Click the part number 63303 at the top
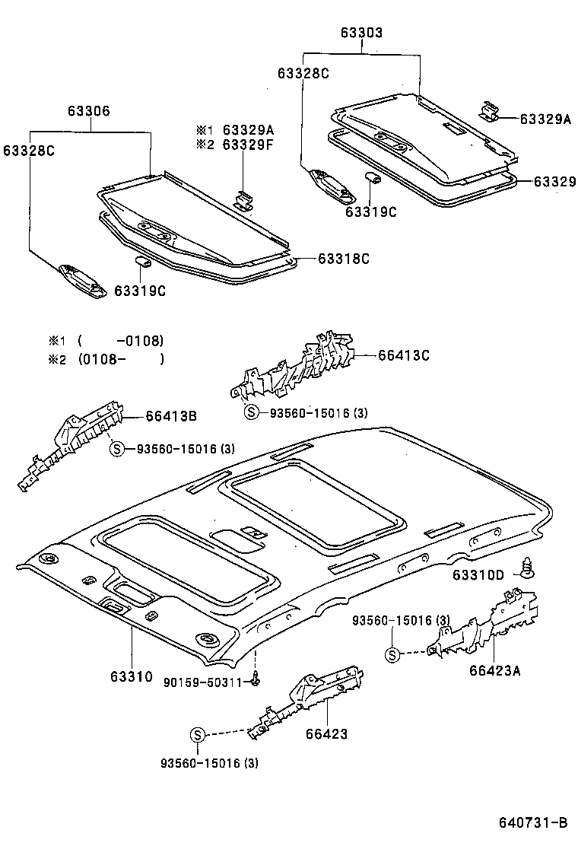(x=361, y=33)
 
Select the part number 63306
(x=88, y=111)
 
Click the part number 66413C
(x=404, y=355)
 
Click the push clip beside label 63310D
(x=525, y=566)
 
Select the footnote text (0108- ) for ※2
(x=120, y=359)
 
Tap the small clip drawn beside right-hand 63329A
(x=490, y=112)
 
